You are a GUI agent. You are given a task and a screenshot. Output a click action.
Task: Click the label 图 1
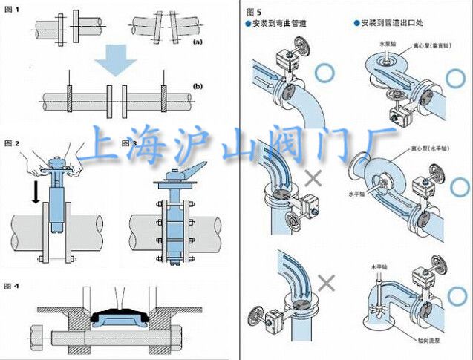pyautogui.click(x=12, y=9)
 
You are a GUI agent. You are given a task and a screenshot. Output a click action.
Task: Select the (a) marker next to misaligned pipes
pyautogui.click(x=197, y=43)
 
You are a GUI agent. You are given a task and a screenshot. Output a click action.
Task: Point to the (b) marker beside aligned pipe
pyautogui.click(x=198, y=87)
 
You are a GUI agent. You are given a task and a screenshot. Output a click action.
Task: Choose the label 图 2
pyautogui.click(x=12, y=142)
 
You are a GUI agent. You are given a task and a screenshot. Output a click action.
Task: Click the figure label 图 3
pyautogui.click(x=130, y=142)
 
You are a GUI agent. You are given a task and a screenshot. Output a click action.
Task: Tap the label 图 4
pyautogui.click(x=12, y=285)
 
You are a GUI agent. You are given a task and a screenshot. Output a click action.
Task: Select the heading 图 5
pyautogui.click(x=253, y=10)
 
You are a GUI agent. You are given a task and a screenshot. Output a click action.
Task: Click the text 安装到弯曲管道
pyautogui.click(x=281, y=23)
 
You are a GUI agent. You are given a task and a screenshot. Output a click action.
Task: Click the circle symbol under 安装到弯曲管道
pyautogui.click(x=324, y=73)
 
